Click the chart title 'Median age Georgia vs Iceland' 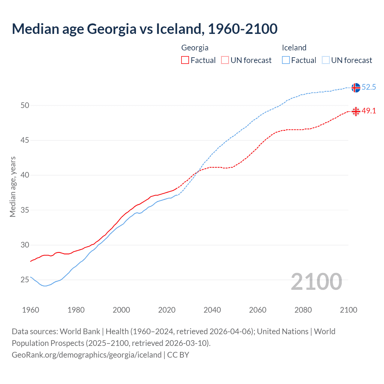145,29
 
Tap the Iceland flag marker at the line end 355,88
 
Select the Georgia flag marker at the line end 355,112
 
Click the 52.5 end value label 369,87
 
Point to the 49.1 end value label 369,111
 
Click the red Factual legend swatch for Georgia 185,60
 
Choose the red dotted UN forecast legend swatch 225,60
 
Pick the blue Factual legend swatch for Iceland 286,60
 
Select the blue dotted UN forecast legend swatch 326,60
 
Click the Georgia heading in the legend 195,48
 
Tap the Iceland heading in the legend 294,48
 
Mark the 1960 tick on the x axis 31,310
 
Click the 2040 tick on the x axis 212,310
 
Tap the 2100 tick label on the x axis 348,310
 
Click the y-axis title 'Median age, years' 13,187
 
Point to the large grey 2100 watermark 316,282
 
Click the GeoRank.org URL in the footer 86,355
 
